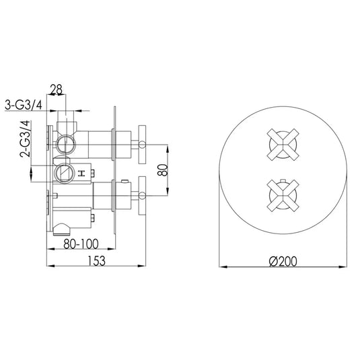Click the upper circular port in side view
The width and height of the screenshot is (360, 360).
pos(65,142)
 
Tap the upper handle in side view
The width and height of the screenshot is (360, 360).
pos(142,142)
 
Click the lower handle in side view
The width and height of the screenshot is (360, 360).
pos(142,195)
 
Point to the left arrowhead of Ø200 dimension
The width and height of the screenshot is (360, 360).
pos(224,268)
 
